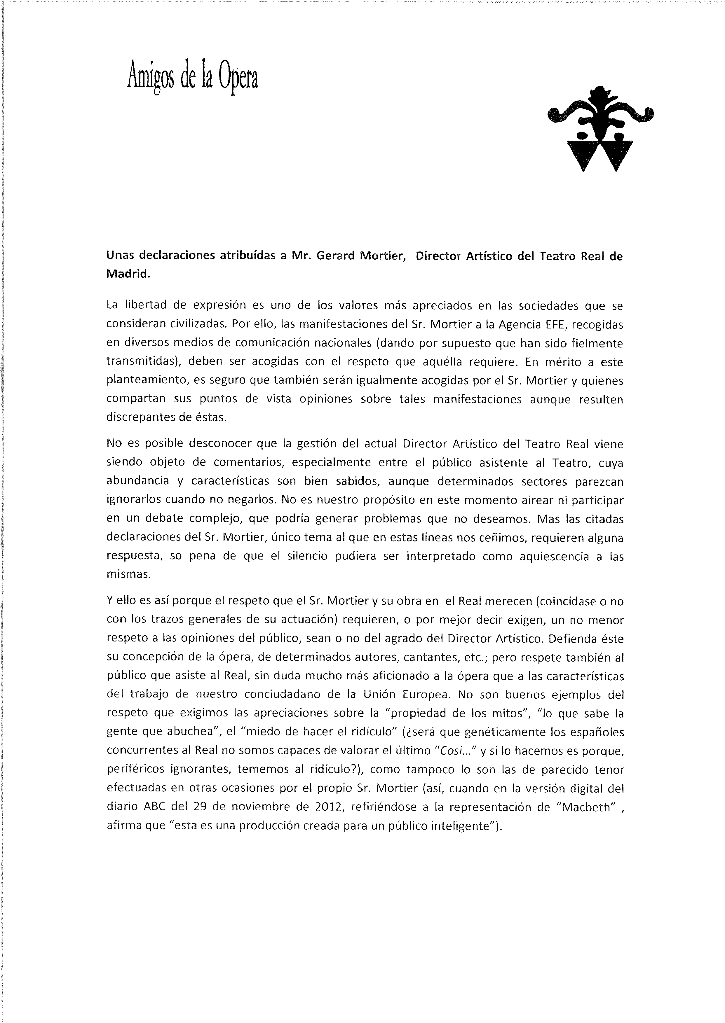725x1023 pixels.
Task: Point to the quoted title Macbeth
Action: click(x=585, y=807)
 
